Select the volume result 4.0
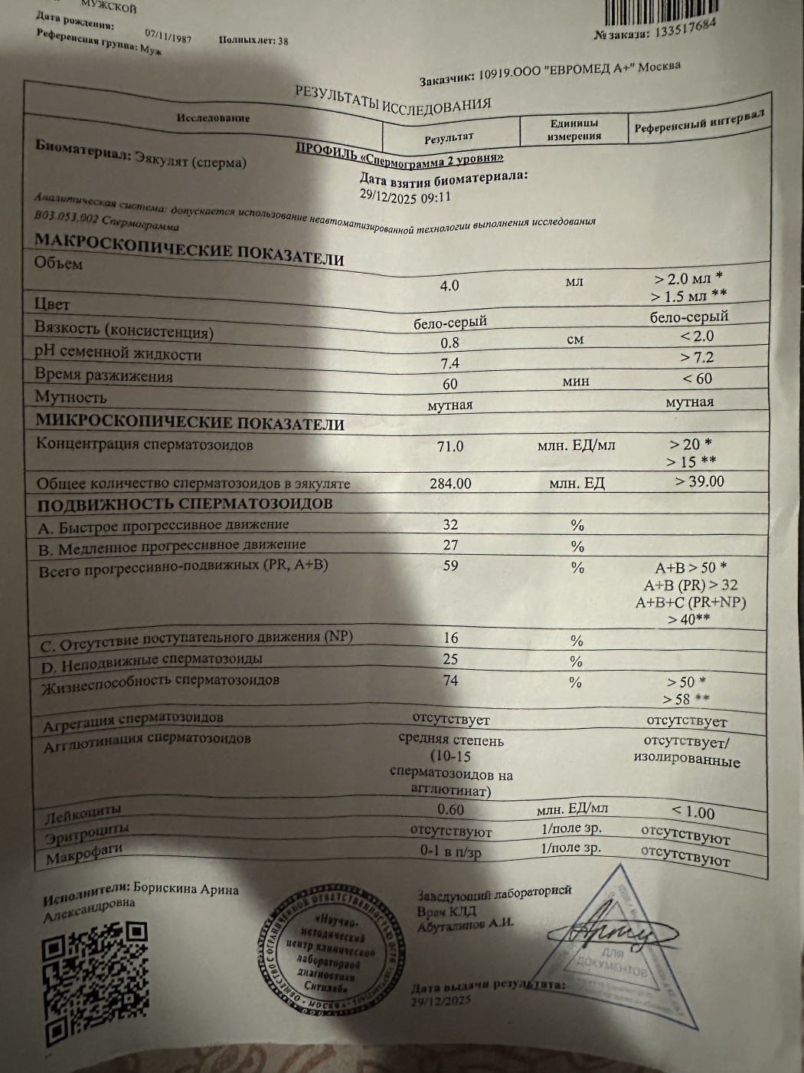click(449, 285)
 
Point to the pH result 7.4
click(450, 363)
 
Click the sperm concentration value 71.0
click(450, 446)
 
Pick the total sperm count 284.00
click(451, 484)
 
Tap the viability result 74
click(450, 681)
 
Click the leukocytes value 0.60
click(451, 809)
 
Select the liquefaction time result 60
click(450, 384)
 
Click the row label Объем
click(58, 263)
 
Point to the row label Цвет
click(52, 304)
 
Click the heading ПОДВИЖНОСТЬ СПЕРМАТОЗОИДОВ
click(185, 504)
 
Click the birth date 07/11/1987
click(168, 35)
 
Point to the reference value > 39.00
click(699, 481)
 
